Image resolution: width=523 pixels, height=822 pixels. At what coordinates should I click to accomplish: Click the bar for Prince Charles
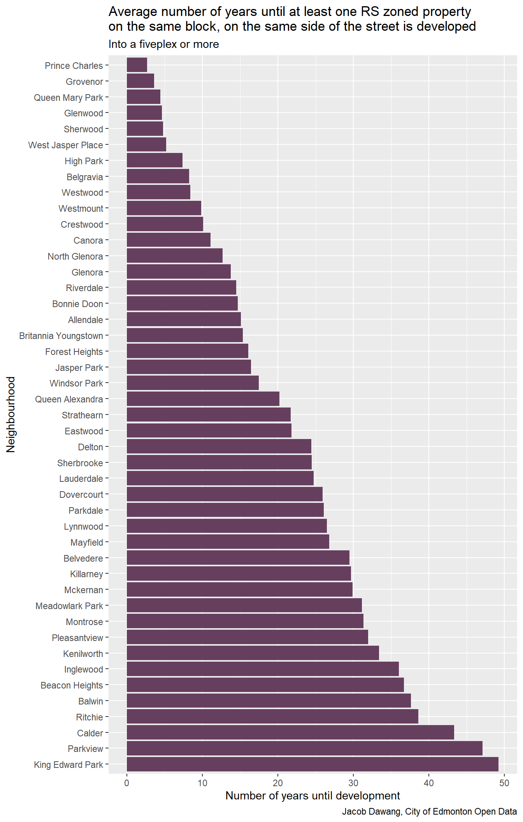[x=137, y=65]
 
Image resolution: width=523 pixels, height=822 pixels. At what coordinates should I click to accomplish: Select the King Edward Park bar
[x=312, y=764]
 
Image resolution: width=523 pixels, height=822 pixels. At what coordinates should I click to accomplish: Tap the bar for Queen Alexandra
[x=203, y=399]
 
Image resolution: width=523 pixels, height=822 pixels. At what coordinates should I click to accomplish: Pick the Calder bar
[x=290, y=732]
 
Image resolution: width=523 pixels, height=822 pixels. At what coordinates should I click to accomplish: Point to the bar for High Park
[x=154, y=160]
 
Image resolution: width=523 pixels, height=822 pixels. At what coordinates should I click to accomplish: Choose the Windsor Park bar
[x=193, y=383]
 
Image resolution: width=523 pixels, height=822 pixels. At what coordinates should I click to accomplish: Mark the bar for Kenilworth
[x=253, y=653]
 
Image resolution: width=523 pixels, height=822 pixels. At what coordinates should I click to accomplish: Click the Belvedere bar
[x=238, y=558]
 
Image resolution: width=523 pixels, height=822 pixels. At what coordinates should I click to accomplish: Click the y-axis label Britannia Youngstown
[x=61, y=335]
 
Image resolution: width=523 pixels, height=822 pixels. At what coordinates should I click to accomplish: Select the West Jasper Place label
[x=66, y=145]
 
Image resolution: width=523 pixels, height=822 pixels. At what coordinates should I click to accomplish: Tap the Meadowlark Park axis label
[x=69, y=606]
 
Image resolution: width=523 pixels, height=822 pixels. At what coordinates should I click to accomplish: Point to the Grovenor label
[x=84, y=82]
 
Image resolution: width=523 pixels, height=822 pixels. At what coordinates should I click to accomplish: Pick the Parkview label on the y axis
[x=86, y=748]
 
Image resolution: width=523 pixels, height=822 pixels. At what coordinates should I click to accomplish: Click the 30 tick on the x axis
[x=353, y=783]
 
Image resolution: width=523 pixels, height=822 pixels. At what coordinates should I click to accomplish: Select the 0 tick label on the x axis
[x=127, y=783]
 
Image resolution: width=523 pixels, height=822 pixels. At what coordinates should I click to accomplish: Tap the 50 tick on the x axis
[x=504, y=783]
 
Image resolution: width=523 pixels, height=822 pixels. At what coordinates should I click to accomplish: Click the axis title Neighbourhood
[x=11, y=414]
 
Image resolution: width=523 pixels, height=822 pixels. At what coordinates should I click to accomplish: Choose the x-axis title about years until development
[x=312, y=796]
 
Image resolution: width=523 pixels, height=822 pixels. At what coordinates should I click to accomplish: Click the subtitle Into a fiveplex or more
[x=164, y=44]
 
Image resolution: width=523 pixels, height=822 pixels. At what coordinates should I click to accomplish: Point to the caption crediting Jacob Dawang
[x=429, y=811]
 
